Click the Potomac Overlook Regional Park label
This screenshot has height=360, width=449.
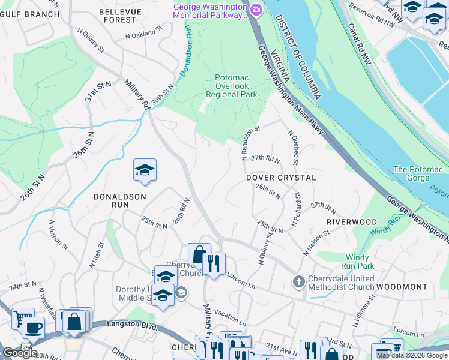231,86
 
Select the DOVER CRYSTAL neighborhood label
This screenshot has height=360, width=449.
281,178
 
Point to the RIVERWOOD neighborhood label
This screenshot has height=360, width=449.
351,221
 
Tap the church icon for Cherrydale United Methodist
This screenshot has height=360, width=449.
298,281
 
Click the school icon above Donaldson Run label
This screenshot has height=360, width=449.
145,170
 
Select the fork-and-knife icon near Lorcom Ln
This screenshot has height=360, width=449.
213,262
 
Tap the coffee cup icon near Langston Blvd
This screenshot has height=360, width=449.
33,328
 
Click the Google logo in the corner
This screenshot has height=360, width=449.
20,352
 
